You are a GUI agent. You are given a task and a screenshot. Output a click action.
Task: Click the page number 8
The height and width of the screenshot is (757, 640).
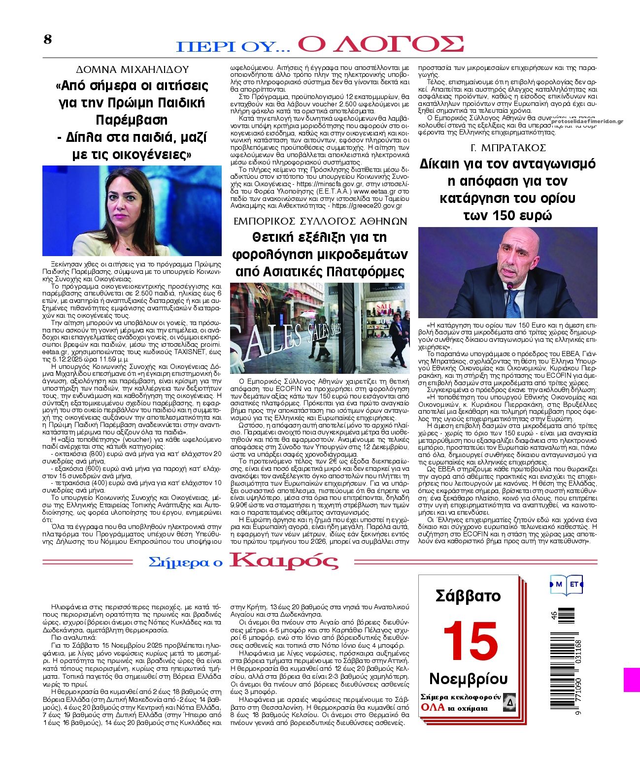[47, 39]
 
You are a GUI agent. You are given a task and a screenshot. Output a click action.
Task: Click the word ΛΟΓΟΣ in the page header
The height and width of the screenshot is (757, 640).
[380, 44]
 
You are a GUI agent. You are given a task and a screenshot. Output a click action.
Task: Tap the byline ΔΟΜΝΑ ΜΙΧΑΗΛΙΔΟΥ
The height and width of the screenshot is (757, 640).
[133, 69]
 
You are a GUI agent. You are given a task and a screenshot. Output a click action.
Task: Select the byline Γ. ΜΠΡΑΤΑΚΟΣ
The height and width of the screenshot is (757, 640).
[507, 148]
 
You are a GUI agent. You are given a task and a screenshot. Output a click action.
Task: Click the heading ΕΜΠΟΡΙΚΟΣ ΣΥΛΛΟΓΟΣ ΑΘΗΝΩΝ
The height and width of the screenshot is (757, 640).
[320, 221]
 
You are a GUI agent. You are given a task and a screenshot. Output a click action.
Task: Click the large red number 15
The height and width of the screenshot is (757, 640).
[471, 641]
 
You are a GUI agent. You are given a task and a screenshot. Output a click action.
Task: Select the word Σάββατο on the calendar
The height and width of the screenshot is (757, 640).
[468, 596]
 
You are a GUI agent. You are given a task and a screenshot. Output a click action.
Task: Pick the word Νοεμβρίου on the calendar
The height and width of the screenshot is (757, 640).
[468, 679]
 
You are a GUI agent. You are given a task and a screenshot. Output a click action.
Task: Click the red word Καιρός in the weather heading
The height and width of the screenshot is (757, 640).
[284, 561]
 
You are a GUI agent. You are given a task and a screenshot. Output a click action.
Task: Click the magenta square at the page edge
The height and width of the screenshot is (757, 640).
[632, 680]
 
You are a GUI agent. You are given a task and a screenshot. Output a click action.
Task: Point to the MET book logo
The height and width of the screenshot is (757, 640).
[567, 585]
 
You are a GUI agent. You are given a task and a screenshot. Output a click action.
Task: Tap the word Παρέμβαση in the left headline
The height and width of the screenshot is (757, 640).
[132, 120]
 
